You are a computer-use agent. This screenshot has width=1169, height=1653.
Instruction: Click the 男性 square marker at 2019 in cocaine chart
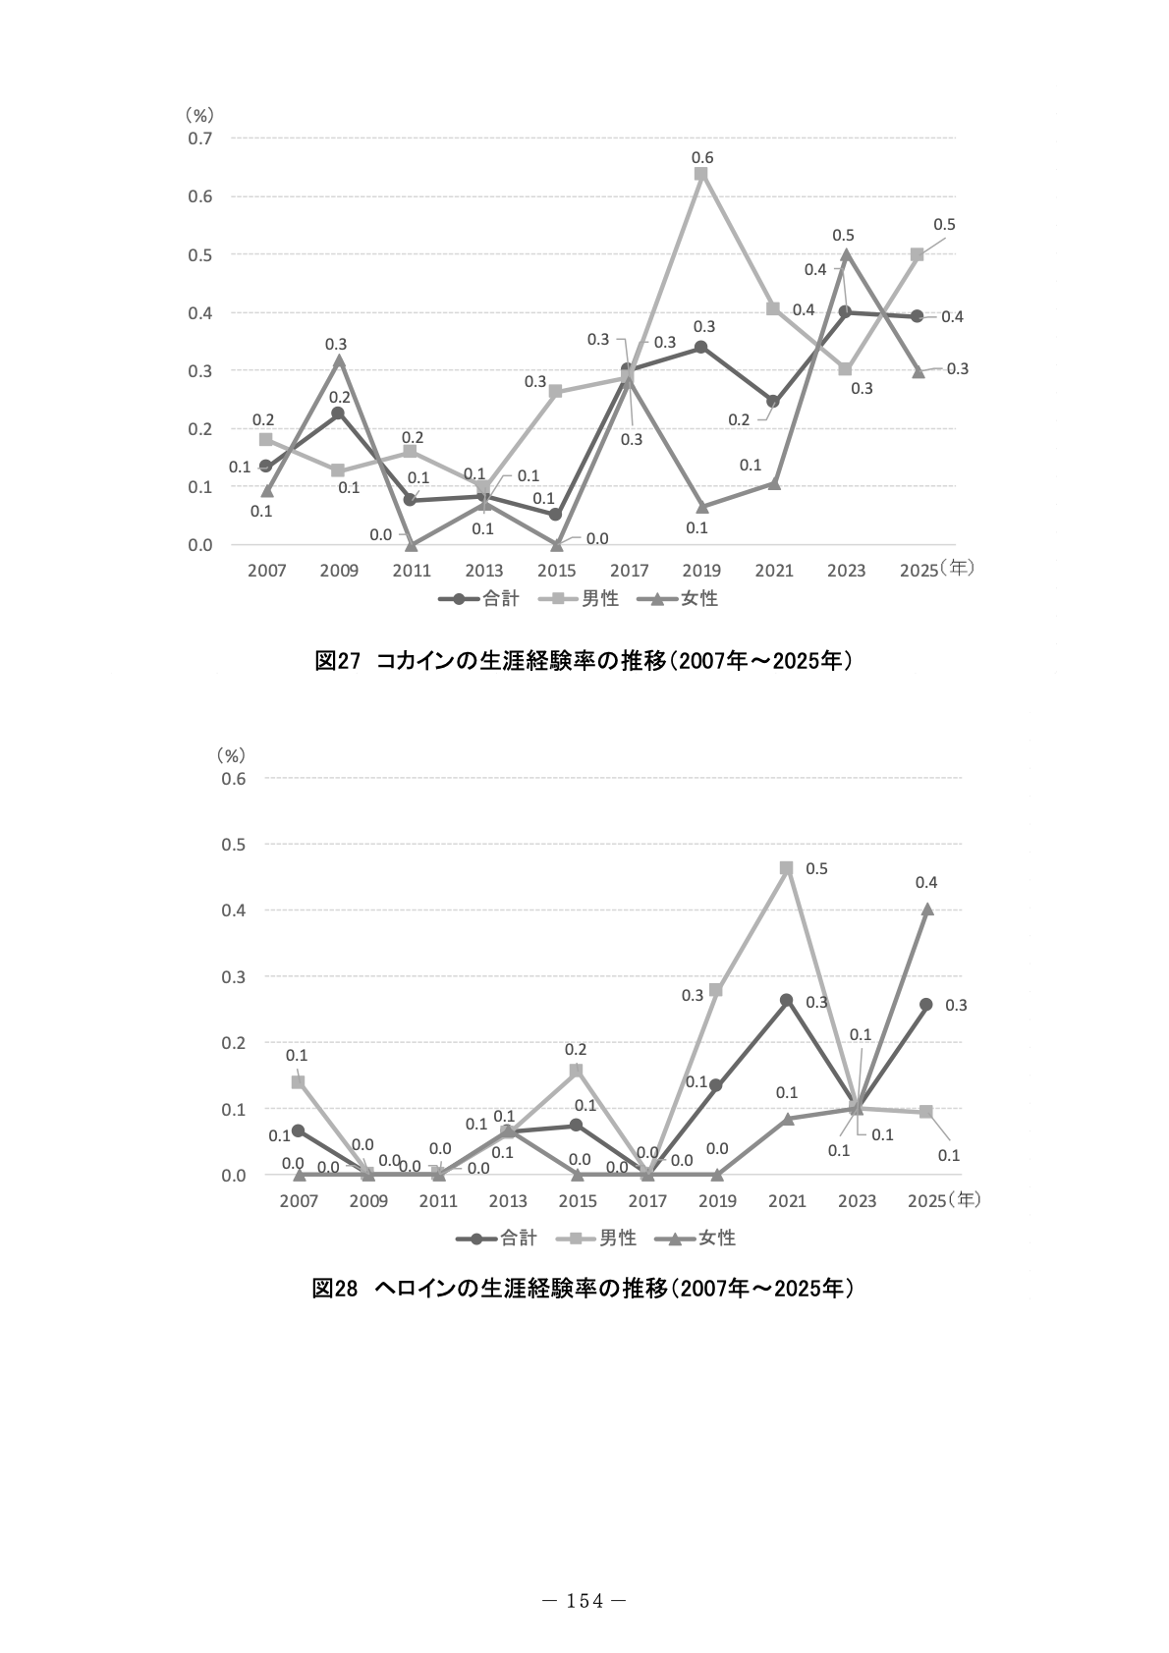(701, 174)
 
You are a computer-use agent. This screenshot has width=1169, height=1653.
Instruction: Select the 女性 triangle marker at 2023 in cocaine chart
(846, 254)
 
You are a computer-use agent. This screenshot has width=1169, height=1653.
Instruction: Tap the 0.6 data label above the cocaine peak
(701, 157)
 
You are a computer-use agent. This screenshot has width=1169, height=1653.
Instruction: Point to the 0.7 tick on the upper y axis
(200, 138)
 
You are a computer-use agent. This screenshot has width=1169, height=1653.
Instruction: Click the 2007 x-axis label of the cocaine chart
(266, 571)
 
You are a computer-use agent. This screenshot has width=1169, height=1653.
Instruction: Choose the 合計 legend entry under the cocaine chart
(479, 598)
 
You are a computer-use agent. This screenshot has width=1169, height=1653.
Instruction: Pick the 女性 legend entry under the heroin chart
(696, 1238)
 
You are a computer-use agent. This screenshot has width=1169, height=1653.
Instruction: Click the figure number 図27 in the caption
(337, 661)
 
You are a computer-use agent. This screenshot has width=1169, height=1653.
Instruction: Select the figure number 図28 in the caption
(335, 1289)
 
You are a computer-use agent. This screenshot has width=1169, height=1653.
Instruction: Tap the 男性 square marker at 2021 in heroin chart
(786, 868)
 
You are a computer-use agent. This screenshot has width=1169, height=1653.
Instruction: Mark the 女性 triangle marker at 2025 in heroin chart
(927, 909)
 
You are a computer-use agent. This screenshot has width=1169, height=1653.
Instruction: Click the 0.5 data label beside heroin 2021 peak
(816, 868)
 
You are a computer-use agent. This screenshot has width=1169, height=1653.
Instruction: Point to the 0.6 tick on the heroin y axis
(233, 778)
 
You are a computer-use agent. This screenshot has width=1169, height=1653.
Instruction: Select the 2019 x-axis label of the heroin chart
(717, 1200)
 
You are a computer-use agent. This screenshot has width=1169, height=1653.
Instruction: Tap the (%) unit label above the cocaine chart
(199, 114)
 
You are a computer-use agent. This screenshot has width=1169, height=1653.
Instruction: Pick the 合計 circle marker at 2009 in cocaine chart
(337, 413)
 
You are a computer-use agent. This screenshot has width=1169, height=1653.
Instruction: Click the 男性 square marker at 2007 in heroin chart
(299, 1081)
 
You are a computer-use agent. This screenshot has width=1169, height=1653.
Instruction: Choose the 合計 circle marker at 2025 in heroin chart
(926, 1005)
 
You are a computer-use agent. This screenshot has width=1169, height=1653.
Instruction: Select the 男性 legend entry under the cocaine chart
(579, 598)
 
